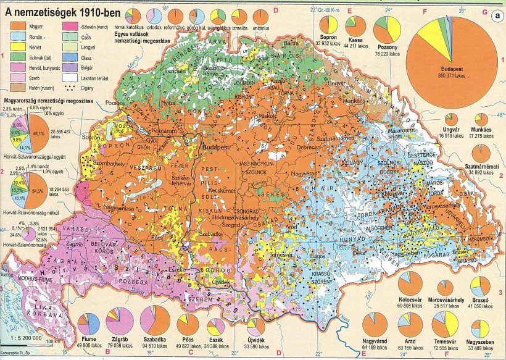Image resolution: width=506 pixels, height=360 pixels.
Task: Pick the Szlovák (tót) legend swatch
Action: [x=17, y=57]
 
